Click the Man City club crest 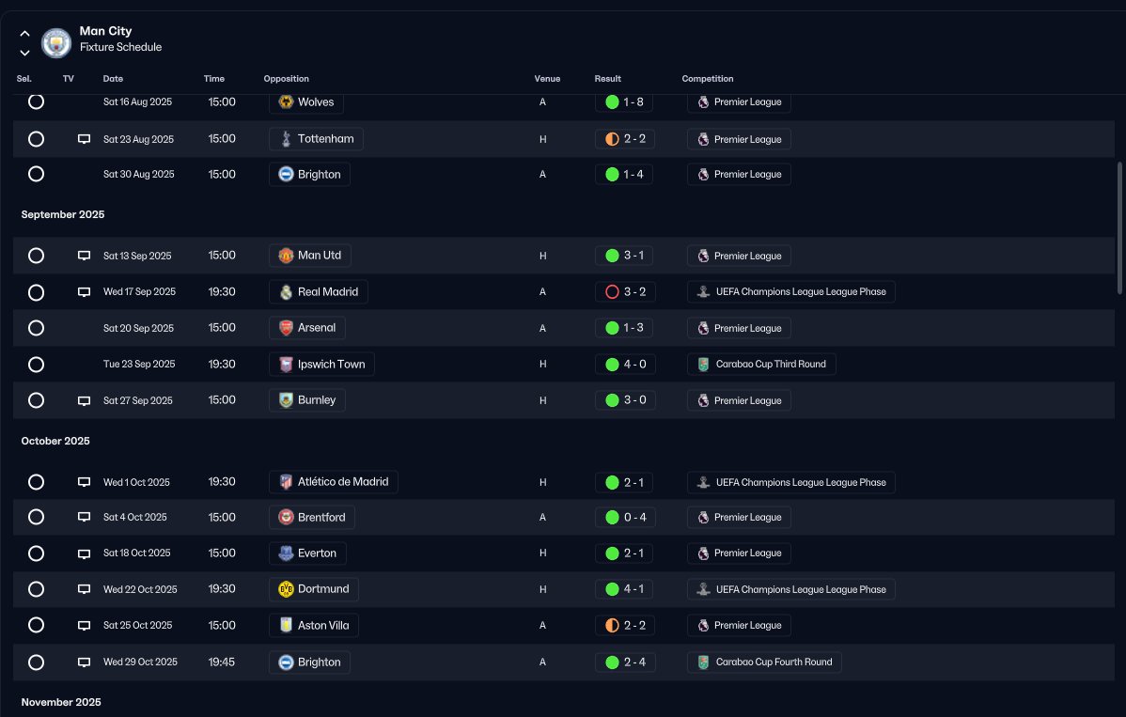[x=56, y=42]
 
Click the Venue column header [x=547, y=79]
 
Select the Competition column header [x=708, y=79]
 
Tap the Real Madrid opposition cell [x=318, y=292]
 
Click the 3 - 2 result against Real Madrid [x=625, y=292]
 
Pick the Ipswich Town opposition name [x=331, y=365]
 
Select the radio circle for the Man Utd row [x=36, y=256]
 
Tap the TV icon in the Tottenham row [x=84, y=139]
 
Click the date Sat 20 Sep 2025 [x=138, y=328]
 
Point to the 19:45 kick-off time [x=221, y=662]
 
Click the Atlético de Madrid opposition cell [x=334, y=482]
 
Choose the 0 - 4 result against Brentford [x=625, y=518]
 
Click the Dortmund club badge [x=286, y=589]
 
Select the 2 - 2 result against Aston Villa [x=625, y=626]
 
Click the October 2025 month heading [x=55, y=441]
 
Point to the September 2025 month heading [x=62, y=214]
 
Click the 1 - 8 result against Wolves [x=624, y=101]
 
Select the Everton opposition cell [x=307, y=553]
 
